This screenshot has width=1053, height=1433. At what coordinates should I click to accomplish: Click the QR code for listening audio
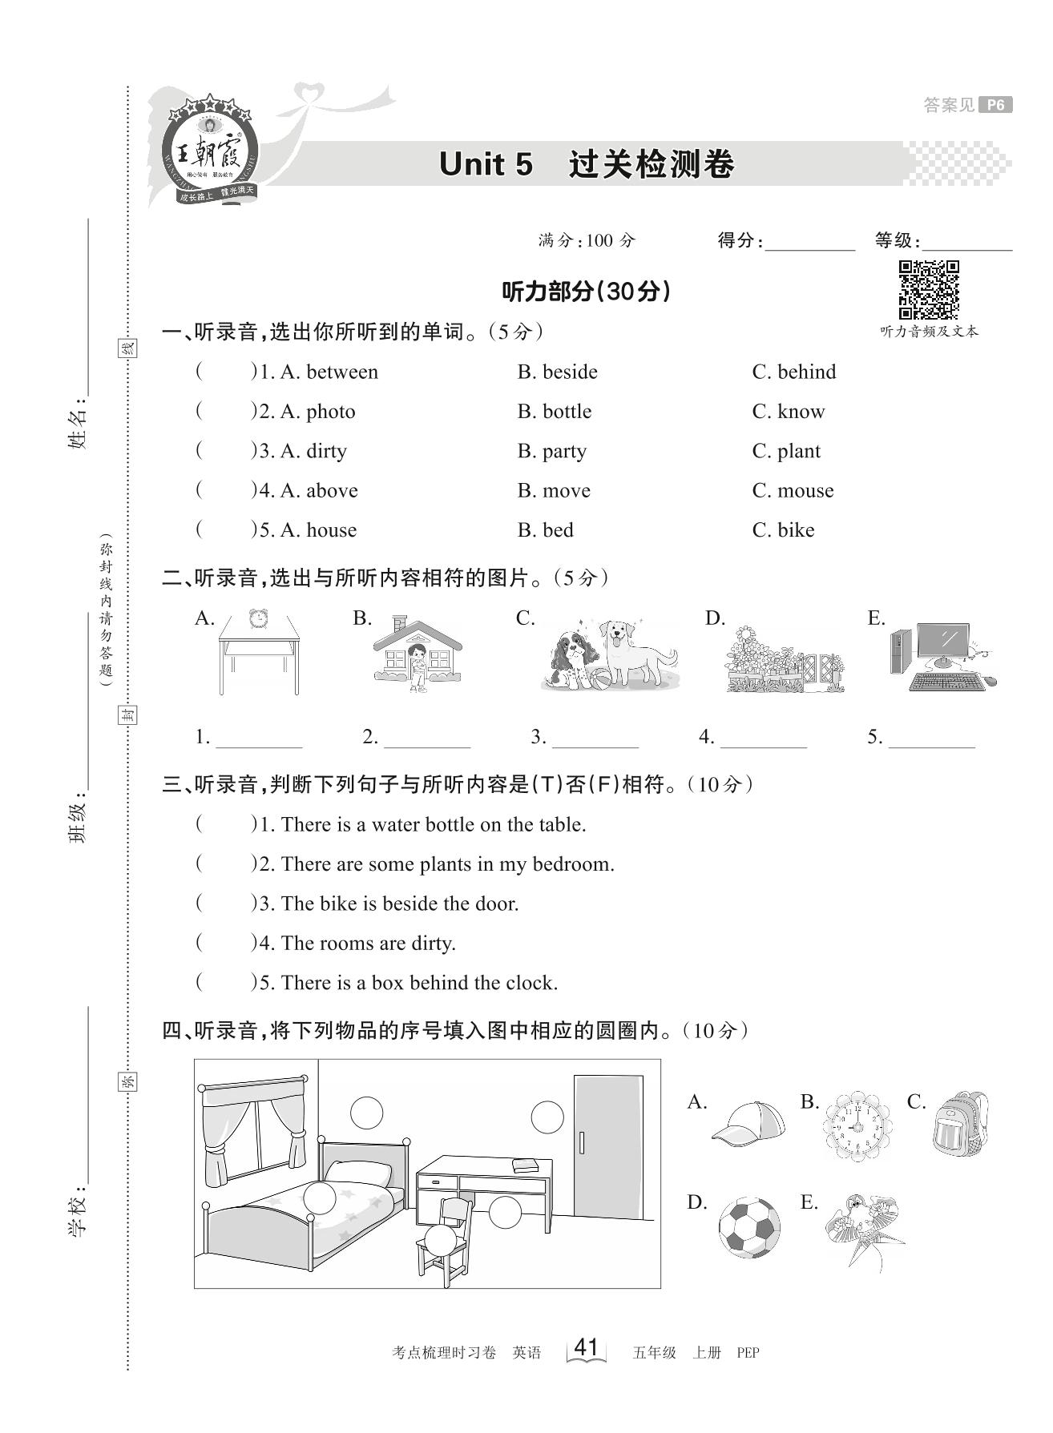tap(929, 290)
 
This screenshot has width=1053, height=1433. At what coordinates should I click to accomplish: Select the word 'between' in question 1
tap(342, 372)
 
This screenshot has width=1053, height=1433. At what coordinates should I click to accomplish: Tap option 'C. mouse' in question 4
tap(793, 491)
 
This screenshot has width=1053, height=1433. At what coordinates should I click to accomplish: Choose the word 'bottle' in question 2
tap(567, 412)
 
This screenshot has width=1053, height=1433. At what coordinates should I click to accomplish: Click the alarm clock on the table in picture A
tap(258, 618)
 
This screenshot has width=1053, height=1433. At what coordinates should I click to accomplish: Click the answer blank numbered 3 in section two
tap(595, 739)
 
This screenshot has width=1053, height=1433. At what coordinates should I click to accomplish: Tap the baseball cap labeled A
tap(748, 1121)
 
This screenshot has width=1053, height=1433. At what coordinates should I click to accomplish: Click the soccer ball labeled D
tap(749, 1227)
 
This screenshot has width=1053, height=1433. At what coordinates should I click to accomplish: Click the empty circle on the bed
tap(320, 1199)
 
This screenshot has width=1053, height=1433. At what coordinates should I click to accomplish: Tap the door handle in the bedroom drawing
tap(582, 1141)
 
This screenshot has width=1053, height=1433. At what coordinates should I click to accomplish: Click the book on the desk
tap(525, 1164)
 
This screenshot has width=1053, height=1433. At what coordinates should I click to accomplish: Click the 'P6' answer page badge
tap(995, 105)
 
